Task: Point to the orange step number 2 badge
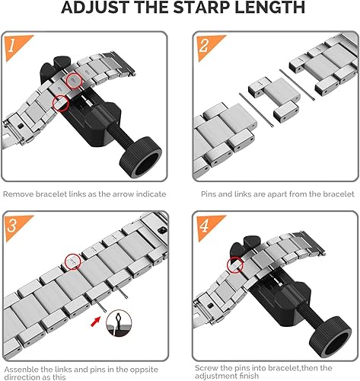point(203,45)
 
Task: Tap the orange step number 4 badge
point(203,225)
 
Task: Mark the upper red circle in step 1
point(73,79)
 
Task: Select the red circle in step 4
point(235,264)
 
